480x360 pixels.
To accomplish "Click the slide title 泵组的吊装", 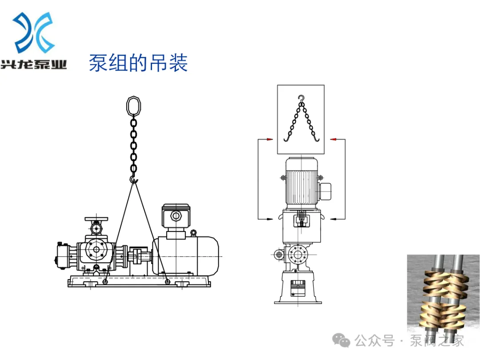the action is [x=138, y=63].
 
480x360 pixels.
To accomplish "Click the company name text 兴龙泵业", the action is [x=34, y=65].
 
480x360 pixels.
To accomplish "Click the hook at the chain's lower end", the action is [x=133, y=179].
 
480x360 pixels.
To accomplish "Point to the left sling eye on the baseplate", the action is [x=105, y=281].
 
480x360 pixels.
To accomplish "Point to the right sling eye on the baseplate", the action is [x=167, y=281].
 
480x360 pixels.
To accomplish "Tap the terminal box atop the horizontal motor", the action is [x=176, y=216].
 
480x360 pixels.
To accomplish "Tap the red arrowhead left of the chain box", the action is [x=269, y=140].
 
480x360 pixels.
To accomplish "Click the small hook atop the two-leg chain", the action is [x=302, y=98].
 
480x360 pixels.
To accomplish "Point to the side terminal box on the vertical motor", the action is [x=325, y=190].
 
